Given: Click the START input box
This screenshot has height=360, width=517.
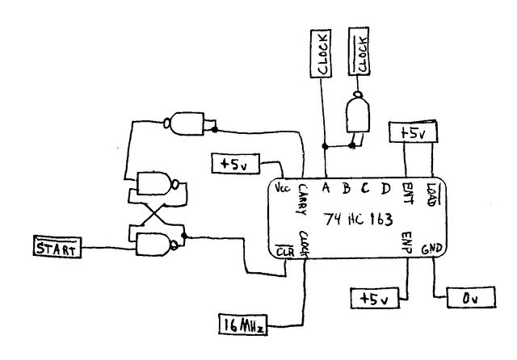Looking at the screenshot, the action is click(x=57, y=247).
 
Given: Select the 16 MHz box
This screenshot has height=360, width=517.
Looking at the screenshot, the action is click(x=243, y=324).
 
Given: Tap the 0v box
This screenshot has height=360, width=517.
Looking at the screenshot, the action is click(x=471, y=297).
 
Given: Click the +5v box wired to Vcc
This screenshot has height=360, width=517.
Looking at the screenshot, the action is click(x=235, y=164).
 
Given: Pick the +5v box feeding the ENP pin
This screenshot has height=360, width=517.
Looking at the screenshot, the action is click(x=375, y=299).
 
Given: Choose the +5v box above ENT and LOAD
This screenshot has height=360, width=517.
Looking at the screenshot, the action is click(x=414, y=132).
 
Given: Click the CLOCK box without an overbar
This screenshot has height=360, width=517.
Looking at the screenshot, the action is click(x=321, y=53).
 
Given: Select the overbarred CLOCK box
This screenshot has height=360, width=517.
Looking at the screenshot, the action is click(x=359, y=52).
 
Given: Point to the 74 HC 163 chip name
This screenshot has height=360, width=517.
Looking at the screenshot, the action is click(x=358, y=220).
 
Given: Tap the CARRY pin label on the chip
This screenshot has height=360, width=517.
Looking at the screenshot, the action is click(x=302, y=199).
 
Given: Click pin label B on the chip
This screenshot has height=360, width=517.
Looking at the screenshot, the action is click(x=346, y=189).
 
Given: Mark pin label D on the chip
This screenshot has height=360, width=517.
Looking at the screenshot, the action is click(x=385, y=189).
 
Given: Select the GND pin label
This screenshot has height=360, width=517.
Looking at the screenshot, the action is click(x=431, y=249).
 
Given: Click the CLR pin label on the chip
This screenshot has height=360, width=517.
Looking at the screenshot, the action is click(x=284, y=252).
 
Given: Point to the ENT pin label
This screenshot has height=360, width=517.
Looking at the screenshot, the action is click(x=407, y=194).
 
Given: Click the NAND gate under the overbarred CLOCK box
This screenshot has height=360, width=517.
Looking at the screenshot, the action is click(x=357, y=113).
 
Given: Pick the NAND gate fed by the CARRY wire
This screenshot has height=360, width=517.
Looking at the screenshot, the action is click(x=184, y=123).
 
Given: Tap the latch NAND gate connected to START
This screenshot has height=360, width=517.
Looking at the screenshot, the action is click(x=157, y=245).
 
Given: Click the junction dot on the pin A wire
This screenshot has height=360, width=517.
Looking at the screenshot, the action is click(x=325, y=146).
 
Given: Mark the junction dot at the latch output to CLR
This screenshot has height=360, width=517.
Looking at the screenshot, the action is click(x=184, y=236).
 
